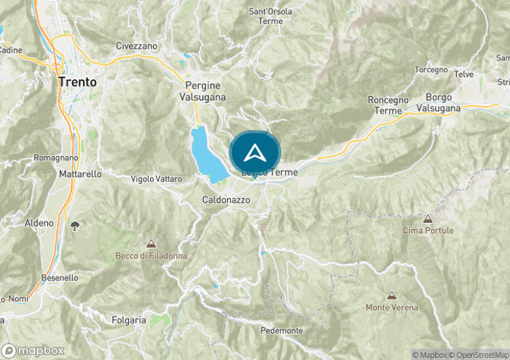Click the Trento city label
(77, 82)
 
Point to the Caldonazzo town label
(226, 198)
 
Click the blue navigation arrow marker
(255, 153)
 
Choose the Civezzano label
(136, 45)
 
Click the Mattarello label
(78, 175)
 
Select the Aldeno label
(39, 222)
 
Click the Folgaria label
(129, 320)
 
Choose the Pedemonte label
(280, 330)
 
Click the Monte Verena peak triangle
(392, 296)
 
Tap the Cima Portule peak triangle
(428, 219)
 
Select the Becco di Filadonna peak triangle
(151, 243)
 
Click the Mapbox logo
(33, 350)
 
